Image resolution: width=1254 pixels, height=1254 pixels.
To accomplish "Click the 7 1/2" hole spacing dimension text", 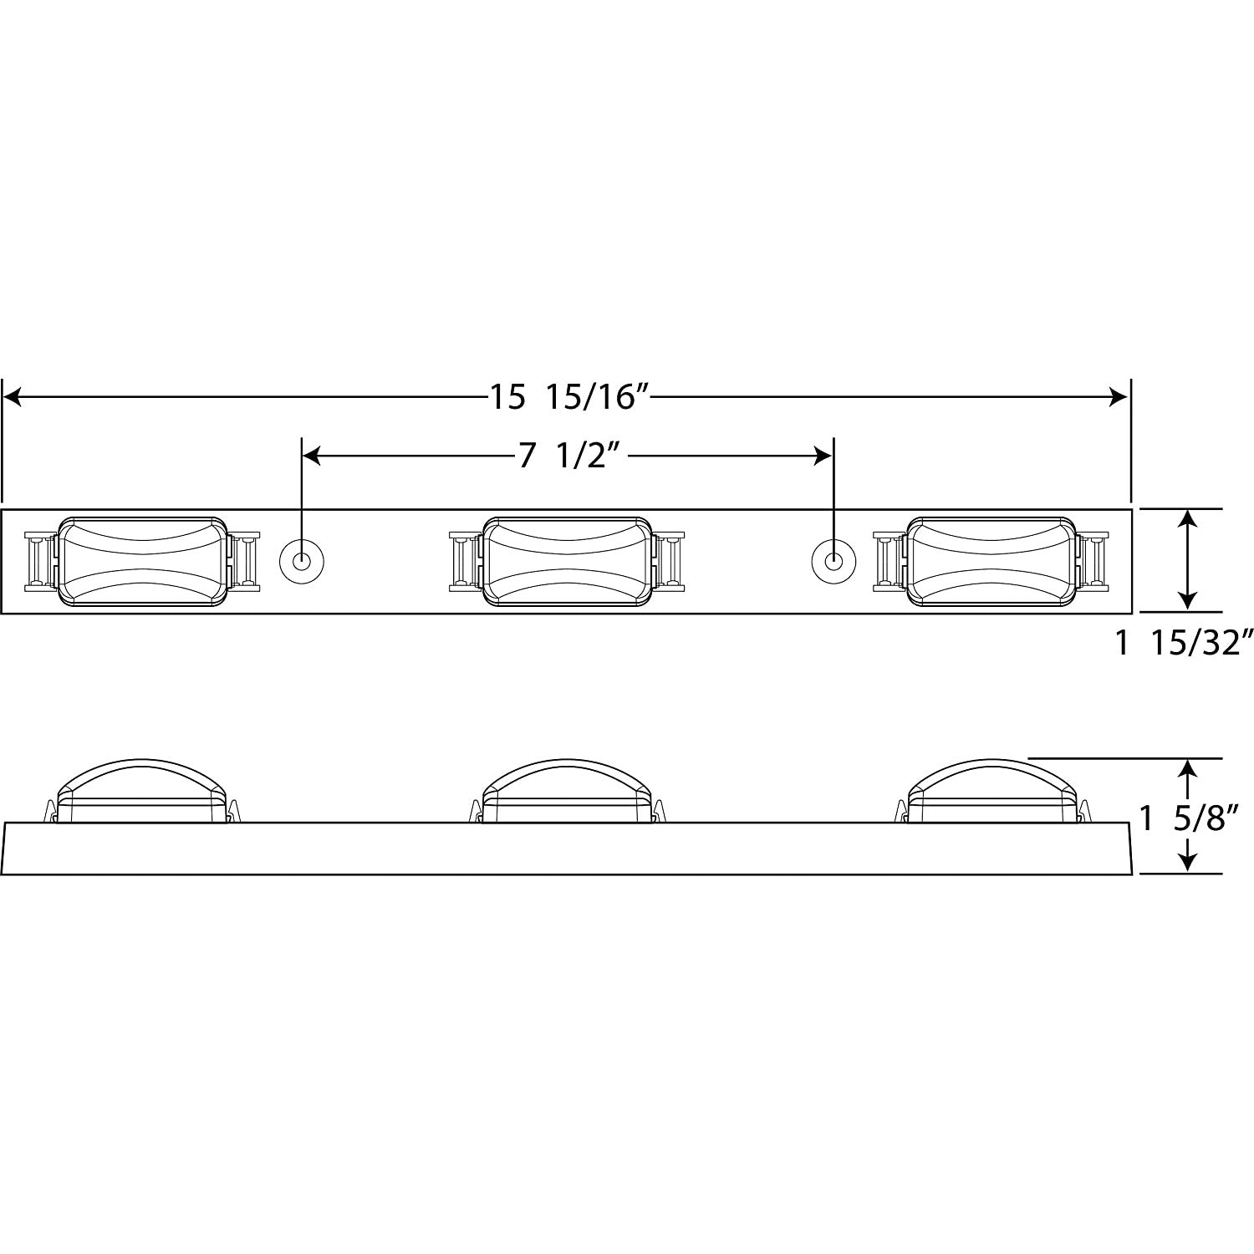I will (x=573, y=456).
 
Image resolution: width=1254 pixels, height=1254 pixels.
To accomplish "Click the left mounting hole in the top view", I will (x=300, y=560).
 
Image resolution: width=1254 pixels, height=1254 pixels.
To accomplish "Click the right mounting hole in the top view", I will (x=833, y=560).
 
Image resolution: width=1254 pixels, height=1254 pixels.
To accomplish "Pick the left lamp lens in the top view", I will (x=143, y=560).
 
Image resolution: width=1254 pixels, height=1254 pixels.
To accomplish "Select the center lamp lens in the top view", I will (x=567, y=560).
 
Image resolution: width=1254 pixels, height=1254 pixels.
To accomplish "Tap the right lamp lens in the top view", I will (x=991, y=560).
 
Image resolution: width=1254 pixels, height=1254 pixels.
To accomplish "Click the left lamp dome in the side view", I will (x=142, y=782).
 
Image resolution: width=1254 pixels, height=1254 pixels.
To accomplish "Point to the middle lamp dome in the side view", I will (x=567, y=782).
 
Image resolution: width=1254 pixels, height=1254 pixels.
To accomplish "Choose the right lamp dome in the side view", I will (x=991, y=782).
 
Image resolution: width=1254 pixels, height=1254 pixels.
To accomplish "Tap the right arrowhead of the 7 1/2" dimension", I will (x=823, y=456).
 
